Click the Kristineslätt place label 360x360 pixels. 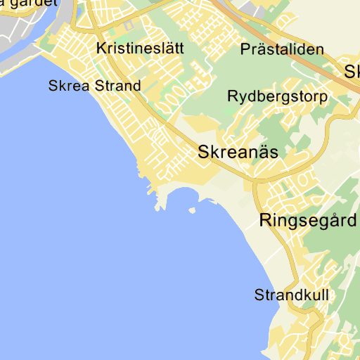pos(141,49)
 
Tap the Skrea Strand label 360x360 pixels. pos(94,86)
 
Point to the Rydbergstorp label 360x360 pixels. pos(277,96)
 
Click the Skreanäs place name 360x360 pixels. pos(238,151)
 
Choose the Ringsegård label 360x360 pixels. pos(308,220)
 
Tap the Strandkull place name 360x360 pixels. pos(291,295)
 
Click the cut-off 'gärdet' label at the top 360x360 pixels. pos(21,4)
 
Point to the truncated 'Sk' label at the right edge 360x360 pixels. pos(352,71)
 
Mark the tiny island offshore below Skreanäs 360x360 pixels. pos(191,210)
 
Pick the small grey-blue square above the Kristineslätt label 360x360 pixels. pos(128,27)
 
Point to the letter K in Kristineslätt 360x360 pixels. pos(99,49)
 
